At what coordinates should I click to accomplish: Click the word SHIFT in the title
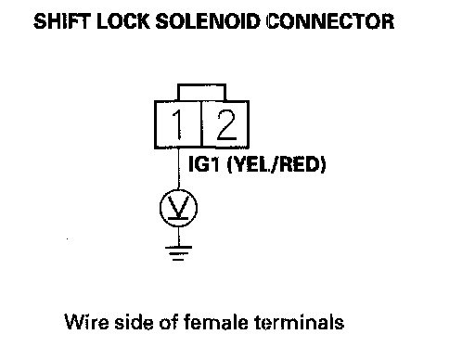(x=62, y=21)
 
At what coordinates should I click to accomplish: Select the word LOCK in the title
(x=122, y=21)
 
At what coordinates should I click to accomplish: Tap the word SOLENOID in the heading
(x=207, y=21)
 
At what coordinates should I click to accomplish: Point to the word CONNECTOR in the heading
(x=330, y=21)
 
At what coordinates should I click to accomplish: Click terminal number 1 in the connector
(x=177, y=124)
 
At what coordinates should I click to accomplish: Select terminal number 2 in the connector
(x=226, y=124)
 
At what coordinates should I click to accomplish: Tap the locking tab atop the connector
(x=201, y=92)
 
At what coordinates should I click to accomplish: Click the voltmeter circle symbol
(x=178, y=208)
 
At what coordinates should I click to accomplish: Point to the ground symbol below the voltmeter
(x=178, y=253)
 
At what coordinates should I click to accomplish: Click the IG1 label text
(x=204, y=164)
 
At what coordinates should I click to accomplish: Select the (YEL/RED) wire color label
(x=276, y=164)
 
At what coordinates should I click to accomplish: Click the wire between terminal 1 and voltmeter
(x=178, y=169)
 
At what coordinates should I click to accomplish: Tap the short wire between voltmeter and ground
(x=178, y=237)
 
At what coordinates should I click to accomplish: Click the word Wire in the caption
(x=86, y=322)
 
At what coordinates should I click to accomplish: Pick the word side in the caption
(x=135, y=322)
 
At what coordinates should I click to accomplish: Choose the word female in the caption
(x=216, y=322)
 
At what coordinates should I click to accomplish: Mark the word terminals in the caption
(x=299, y=322)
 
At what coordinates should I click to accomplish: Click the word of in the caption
(x=170, y=322)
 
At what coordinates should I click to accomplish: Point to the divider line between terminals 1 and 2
(x=201, y=124)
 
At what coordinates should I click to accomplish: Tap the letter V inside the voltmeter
(x=179, y=206)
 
